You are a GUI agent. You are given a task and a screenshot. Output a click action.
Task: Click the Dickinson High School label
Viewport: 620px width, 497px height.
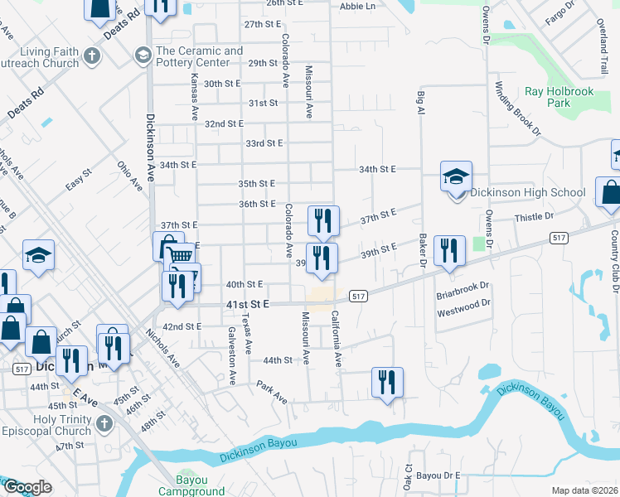(528, 193)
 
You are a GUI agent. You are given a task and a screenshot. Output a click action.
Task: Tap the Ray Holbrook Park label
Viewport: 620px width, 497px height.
(559, 97)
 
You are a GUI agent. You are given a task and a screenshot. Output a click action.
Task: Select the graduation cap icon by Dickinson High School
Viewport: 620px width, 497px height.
(456, 177)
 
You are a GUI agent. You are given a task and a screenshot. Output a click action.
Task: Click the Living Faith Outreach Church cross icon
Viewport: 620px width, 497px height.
(92, 57)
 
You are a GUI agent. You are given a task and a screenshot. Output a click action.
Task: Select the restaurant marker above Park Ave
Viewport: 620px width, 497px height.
(387, 382)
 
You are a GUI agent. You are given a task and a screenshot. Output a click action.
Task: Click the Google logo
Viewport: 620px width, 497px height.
(27, 487)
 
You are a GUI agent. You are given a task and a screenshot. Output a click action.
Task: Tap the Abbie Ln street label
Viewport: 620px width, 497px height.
(357, 6)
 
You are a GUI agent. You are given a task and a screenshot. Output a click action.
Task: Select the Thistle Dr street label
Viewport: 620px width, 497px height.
(534, 217)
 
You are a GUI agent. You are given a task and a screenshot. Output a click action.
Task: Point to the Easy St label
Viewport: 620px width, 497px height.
(78, 183)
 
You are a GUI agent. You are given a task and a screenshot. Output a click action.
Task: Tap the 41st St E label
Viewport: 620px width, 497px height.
(248, 305)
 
